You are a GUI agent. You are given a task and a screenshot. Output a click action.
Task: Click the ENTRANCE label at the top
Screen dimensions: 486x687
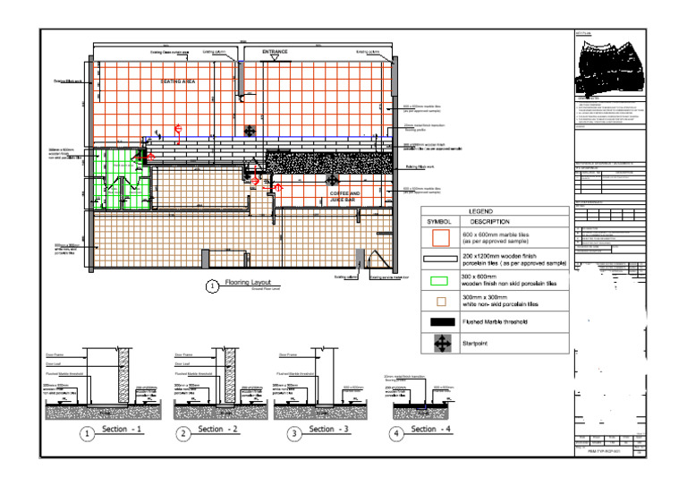tap(275, 53)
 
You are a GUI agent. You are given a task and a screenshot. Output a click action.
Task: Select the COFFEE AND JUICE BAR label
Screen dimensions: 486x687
tap(344, 197)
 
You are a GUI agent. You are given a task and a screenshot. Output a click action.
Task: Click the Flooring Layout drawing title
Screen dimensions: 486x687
tap(249, 282)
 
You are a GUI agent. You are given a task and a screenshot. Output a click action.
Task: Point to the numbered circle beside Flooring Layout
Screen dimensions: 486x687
tap(212, 286)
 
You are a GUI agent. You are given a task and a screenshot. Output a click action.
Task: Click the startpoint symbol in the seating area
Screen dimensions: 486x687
tap(249, 131)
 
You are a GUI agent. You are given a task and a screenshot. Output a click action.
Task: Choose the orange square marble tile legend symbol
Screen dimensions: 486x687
tap(439, 238)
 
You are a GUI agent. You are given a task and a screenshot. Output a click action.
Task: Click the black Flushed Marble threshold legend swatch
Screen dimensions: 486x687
tap(439, 320)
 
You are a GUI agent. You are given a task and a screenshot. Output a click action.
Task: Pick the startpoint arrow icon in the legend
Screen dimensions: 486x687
tap(439, 342)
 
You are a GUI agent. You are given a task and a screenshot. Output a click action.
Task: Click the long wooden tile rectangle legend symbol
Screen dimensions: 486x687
tap(439, 260)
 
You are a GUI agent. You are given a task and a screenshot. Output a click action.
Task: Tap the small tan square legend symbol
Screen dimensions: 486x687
tap(439, 301)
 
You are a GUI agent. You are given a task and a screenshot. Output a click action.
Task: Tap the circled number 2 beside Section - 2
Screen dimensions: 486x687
tap(183, 434)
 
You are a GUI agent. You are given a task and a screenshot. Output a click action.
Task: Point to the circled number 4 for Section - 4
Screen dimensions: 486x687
tap(397, 434)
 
